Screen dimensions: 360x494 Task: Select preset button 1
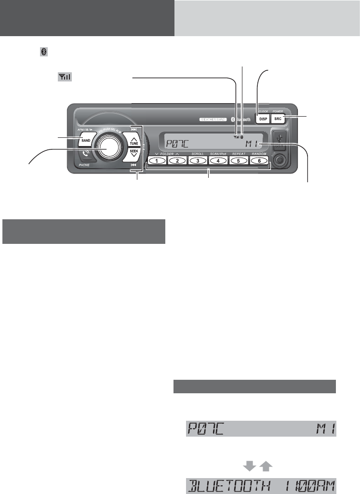point(157,160)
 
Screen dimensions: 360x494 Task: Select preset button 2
point(177,160)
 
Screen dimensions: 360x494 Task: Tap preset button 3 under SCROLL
point(198,160)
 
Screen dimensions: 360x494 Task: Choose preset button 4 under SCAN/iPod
point(218,160)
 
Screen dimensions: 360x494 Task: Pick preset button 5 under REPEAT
point(239,160)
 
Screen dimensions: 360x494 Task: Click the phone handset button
point(86,156)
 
